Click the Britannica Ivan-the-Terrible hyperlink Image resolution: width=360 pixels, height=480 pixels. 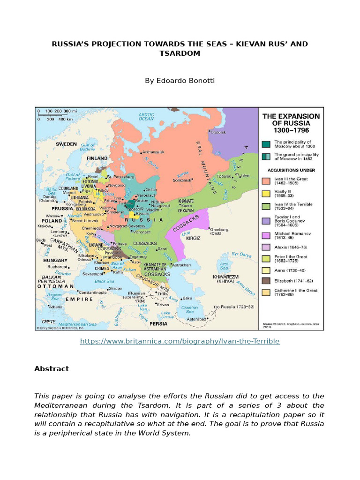point(180,341)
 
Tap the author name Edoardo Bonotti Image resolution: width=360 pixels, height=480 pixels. point(180,81)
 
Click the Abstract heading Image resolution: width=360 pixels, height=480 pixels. point(52,369)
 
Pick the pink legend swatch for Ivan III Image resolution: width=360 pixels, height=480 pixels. point(266,180)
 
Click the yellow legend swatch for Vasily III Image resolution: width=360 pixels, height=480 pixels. point(266,193)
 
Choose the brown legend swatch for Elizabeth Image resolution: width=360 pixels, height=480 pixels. point(266,281)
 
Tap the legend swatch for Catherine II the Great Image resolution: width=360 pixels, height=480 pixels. point(266,292)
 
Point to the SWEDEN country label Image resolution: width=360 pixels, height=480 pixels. point(66,144)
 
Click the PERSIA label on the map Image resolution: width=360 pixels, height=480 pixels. point(158,323)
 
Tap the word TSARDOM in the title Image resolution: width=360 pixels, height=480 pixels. point(180,53)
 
